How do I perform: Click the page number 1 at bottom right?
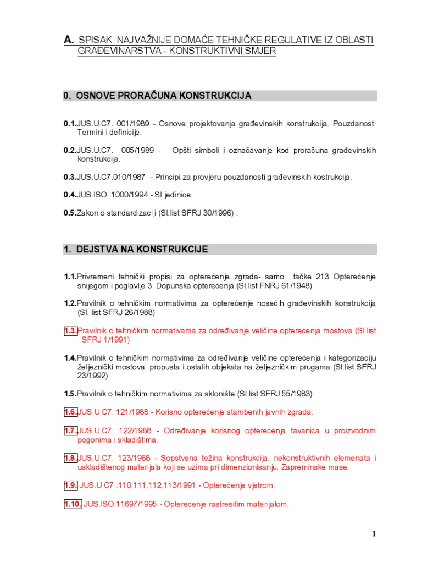[x=374, y=533]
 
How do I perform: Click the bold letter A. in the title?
[x=69, y=40]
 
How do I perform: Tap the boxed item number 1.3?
[x=70, y=330]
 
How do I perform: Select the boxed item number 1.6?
[x=70, y=411]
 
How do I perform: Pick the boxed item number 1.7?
[x=70, y=430]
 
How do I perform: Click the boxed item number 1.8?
[x=70, y=457]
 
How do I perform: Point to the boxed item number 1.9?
[x=70, y=485]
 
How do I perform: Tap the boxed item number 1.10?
[x=73, y=504]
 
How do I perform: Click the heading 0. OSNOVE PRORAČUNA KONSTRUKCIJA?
[x=158, y=96]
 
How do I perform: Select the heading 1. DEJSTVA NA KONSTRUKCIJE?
[x=136, y=249]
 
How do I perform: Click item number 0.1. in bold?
[x=70, y=123]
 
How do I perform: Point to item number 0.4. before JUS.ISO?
[x=70, y=195]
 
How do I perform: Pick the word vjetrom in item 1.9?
[x=260, y=485]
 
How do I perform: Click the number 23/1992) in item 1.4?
[x=92, y=376]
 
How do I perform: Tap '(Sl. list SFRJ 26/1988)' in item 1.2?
[x=116, y=312]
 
